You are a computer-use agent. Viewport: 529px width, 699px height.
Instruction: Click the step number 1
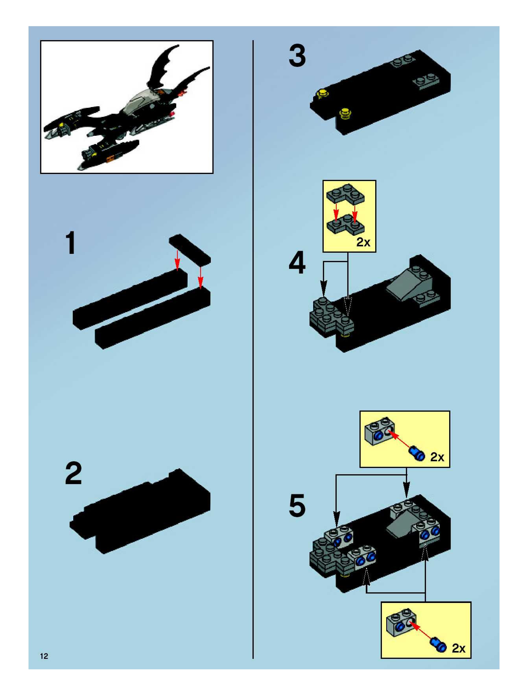coord(71,243)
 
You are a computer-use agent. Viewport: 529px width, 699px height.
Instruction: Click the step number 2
coord(73,473)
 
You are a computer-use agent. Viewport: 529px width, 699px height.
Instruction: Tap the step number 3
coord(297,56)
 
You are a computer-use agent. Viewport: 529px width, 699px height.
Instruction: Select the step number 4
coord(297,263)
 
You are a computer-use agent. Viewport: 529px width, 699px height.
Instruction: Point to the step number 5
coord(297,506)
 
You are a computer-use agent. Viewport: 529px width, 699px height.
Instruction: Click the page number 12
coord(44,656)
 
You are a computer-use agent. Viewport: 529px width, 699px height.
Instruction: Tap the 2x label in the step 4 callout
coord(363,242)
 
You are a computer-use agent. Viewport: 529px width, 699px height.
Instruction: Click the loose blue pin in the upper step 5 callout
coord(417,453)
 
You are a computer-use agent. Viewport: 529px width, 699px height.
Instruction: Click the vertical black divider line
coord(253,348)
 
